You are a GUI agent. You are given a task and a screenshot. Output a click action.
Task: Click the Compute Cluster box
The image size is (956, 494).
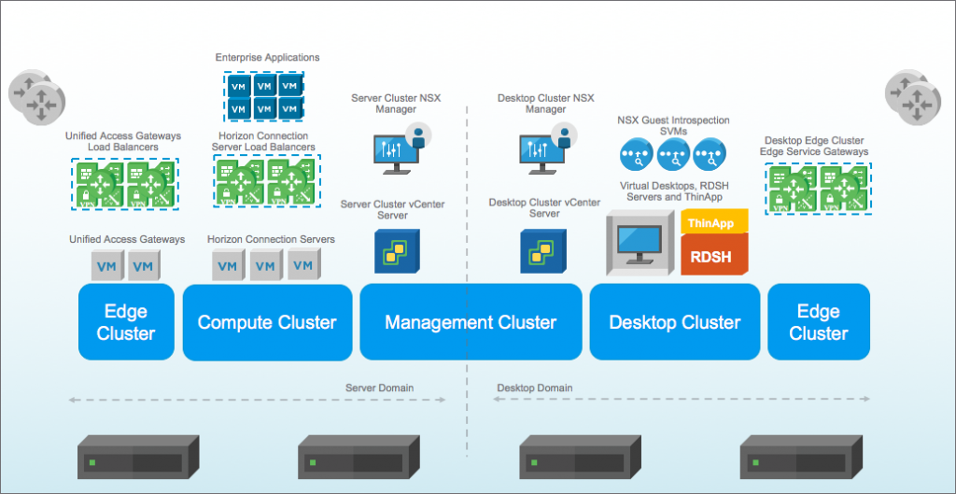(267, 322)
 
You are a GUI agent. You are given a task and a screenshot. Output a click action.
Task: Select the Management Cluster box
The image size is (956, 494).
(470, 322)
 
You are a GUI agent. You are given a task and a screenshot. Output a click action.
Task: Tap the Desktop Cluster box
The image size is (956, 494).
(674, 322)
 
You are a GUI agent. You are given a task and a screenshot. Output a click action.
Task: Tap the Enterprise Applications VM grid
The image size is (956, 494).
(264, 96)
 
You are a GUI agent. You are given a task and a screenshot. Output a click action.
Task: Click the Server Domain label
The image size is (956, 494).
(379, 388)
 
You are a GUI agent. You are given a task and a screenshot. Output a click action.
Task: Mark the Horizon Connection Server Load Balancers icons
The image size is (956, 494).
(267, 182)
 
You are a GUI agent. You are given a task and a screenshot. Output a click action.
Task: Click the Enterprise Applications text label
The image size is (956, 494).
(267, 58)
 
